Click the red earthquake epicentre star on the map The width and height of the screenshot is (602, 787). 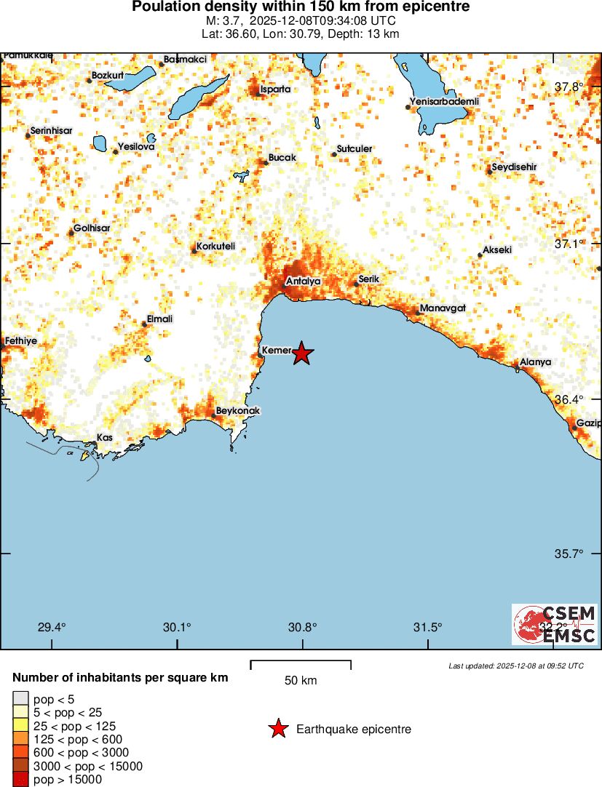click(x=303, y=354)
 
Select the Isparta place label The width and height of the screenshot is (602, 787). click(x=275, y=89)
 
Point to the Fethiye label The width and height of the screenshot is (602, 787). click(x=20, y=340)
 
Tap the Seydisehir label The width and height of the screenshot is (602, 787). click(x=514, y=167)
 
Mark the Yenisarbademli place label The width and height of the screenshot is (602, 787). click(x=445, y=102)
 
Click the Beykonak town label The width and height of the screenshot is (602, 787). click(x=238, y=411)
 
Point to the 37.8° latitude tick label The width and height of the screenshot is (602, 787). click(x=569, y=87)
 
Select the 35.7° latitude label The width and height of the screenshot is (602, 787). click(x=569, y=554)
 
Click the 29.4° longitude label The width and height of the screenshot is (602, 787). click(x=52, y=628)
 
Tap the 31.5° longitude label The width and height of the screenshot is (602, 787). click(x=427, y=628)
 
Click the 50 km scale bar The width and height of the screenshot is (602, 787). click(x=301, y=665)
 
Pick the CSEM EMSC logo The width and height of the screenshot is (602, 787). click(x=555, y=624)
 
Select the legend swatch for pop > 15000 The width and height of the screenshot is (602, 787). click(x=21, y=780)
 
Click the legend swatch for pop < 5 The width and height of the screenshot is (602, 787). click(x=21, y=699)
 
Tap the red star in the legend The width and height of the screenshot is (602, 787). click(x=277, y=729)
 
